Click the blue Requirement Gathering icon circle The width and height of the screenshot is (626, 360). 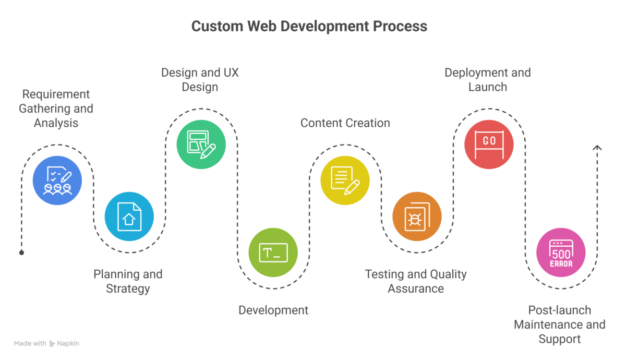pyautogui.click(x=57, y=181)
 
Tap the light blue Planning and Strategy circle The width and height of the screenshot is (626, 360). pyautogui.click(x=129, y=217)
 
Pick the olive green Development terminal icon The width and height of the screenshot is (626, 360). pyautogui.click(x=273, y=253)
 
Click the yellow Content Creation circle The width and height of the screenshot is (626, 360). pyautogui.click(x=345, y=181)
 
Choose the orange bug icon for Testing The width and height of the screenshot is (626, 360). pyautogui.click(x=416, y=217)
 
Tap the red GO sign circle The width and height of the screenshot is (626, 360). pyautogui.click(x=489, y=145)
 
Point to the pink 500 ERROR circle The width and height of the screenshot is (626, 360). pyautogui.click(x=561, y=253)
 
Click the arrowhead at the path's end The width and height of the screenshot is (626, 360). pyautogui.click(x=597, y=148)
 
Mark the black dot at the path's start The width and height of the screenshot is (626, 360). pyautogui.click(x=21, y=253)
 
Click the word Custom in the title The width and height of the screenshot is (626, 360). pyautogui.click(x=214, y=26)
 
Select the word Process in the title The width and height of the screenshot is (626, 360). pyautogui.click(x=403, y=26)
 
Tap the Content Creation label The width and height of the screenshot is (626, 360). pyautogui.click(x=345, y=123)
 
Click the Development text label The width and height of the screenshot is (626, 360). pyautogui.click(x=273, y=310)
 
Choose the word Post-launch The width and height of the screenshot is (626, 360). pyautogui.click(x=559, y=310)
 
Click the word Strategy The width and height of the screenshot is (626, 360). pyautogui.click(x=128, y=289)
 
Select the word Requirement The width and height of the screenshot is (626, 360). pyautogui.click(x=56, y=94)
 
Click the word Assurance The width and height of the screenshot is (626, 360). pyautogui.click(x=415, y=289)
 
